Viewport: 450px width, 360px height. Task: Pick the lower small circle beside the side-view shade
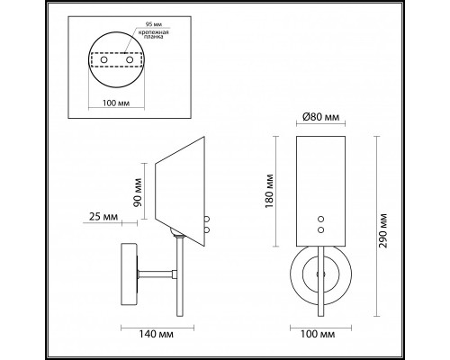tap(208, 229)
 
